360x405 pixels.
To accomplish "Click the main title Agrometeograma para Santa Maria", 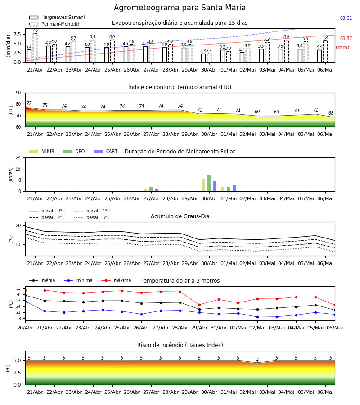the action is coord(180,8).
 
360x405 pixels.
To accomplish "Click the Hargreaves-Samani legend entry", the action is coord(57,17).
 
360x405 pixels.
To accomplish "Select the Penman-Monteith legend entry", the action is coord(55,24).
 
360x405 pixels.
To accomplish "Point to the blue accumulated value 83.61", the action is coord(346,18).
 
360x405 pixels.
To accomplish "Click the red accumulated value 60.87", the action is coord(346,39).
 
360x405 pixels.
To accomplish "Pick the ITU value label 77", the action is coord(29,103).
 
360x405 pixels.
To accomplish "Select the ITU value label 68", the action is coord(331,113).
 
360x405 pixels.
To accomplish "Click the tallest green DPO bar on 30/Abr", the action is coord(209,184).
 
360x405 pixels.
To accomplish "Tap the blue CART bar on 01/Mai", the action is coord(234,189).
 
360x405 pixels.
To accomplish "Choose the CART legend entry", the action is coord(106,151).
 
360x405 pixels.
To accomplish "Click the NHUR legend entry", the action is coord(42,151).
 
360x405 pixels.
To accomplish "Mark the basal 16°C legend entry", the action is coord(92,217).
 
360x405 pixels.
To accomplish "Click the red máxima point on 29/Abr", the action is coord(199,305).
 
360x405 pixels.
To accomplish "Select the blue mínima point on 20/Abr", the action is coord(25,301).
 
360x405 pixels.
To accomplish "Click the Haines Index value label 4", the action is coord(257,360).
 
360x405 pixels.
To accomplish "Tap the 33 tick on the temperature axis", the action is coord(18,288).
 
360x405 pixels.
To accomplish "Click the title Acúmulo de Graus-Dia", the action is coord(180,216).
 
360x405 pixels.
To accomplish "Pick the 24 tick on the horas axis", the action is coord(18,157).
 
